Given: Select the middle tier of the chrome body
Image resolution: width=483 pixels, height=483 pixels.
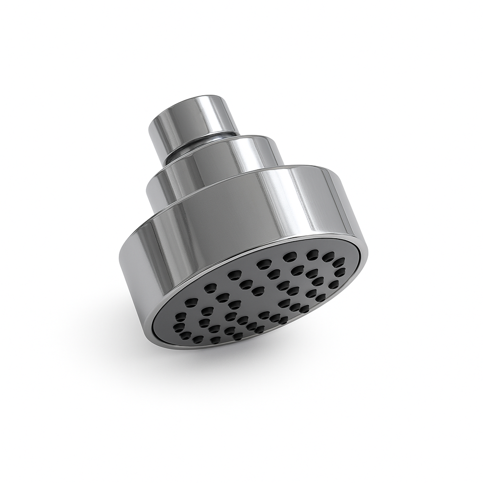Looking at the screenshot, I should [x=212, y=170].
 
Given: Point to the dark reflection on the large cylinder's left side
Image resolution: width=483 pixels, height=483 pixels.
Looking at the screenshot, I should [x=142, y=264].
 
